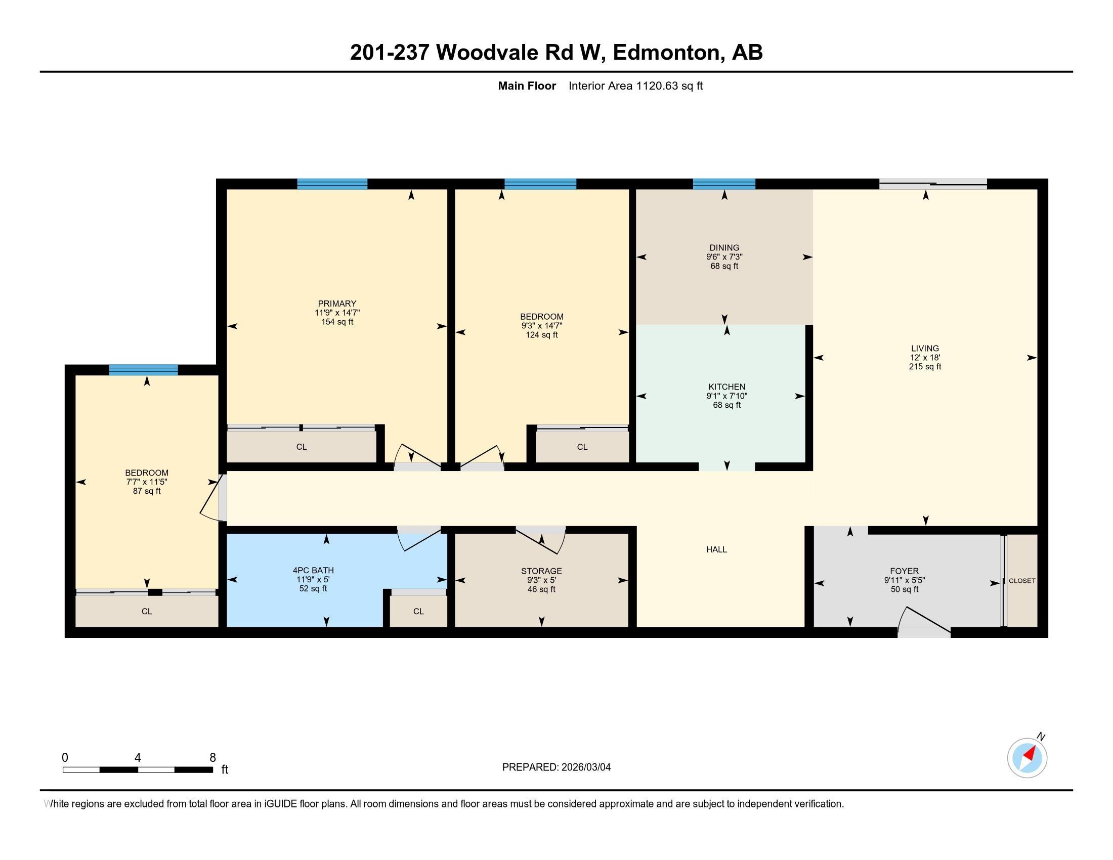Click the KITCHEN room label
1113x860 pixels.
coord(726,386)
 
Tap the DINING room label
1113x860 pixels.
coord(724,248)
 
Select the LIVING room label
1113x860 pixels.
coord(925,349)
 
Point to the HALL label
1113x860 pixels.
coord(716,549)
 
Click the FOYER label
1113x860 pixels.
coord(905,571)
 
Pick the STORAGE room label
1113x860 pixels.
coord(541,571)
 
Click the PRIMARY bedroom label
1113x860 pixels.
coord(337,304)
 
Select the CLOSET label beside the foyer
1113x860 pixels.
coord(1022,581)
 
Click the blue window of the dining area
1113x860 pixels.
coord(723,184)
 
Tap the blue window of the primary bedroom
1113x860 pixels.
coord(332,184)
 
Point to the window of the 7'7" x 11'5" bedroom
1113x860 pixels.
coord(143,370)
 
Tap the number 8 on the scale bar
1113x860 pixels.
coord(212,758)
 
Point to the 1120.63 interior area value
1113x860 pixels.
coord(657,86)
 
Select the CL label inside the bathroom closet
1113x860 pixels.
coord(418,612)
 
